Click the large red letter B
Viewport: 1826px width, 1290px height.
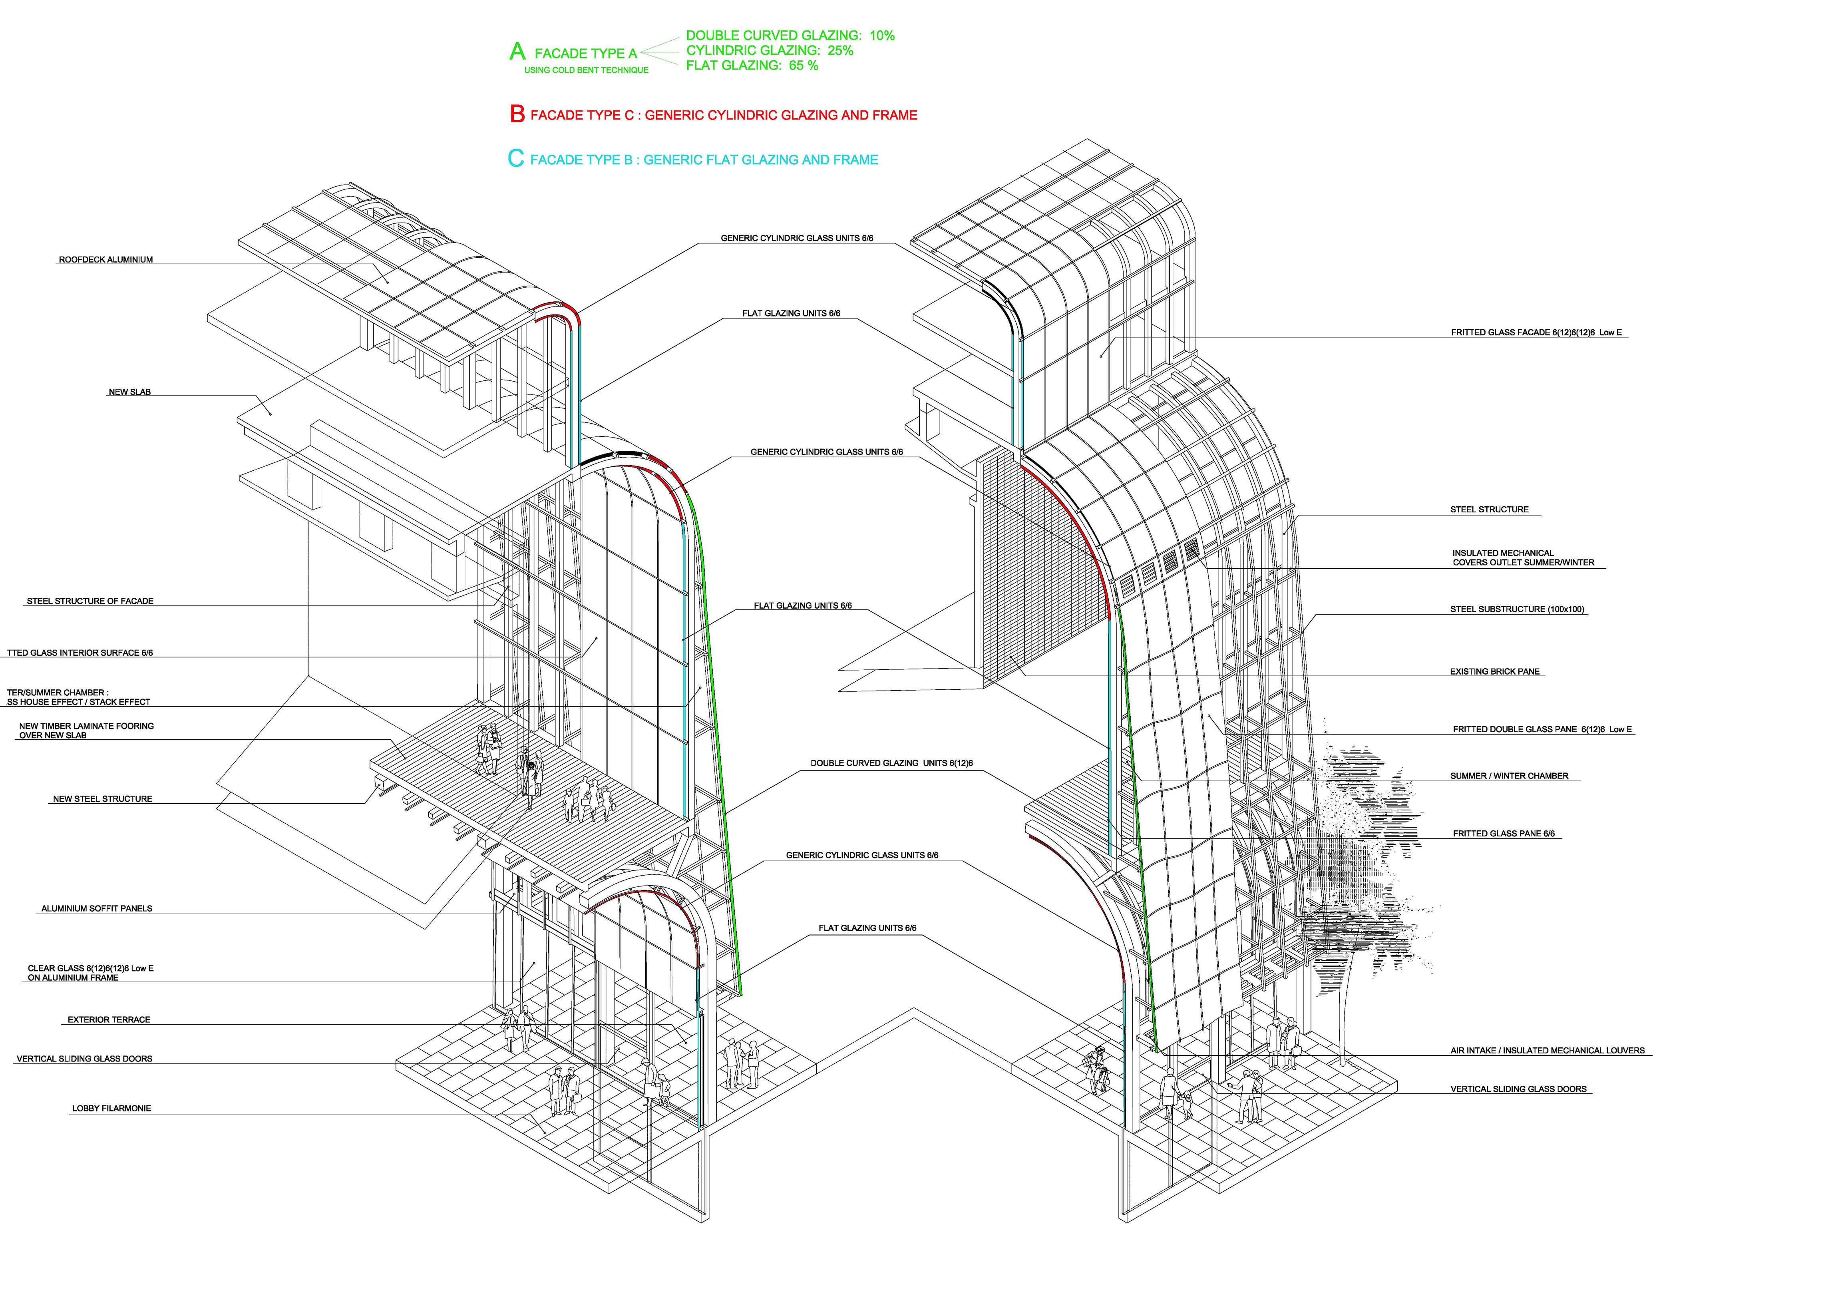517,115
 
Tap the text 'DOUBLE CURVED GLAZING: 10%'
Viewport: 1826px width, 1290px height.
790,36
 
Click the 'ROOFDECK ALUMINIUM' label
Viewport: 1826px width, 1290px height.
106,260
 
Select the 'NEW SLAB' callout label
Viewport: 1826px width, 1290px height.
129,392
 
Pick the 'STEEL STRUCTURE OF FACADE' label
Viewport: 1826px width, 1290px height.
90,601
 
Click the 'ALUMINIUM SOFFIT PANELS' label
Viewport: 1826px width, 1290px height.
97,908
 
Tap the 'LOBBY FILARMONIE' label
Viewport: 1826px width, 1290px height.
111,1109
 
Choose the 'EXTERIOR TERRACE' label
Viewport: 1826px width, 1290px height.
109,1019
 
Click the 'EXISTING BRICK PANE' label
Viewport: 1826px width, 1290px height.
1494,672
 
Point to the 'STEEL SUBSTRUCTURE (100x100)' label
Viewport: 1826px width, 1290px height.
1518,610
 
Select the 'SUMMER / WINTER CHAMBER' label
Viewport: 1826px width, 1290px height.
1509,776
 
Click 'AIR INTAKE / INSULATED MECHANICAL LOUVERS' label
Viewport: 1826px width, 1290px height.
1547,1051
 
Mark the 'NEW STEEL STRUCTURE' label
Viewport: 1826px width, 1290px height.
103,799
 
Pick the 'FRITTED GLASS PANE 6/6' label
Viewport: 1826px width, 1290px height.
1503,834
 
